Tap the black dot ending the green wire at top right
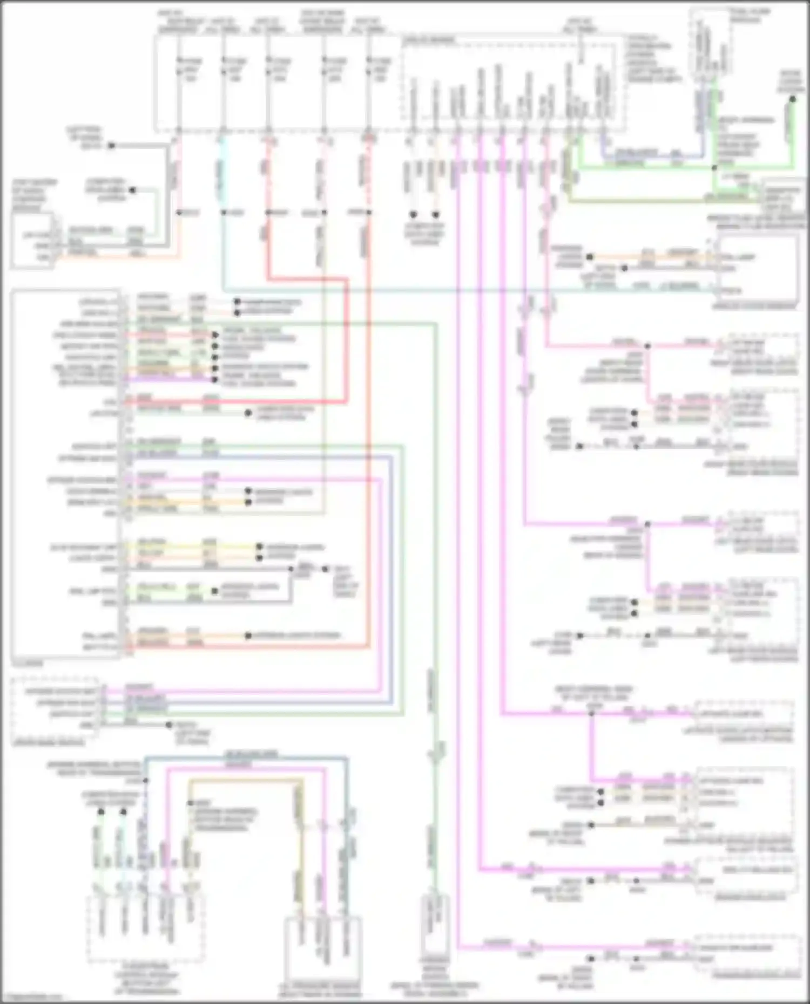click(792, 99)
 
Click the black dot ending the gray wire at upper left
click(111, 146)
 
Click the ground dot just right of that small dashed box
click(169, 725)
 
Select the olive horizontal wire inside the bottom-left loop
click(243, 781)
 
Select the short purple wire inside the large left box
click(167, 379)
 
